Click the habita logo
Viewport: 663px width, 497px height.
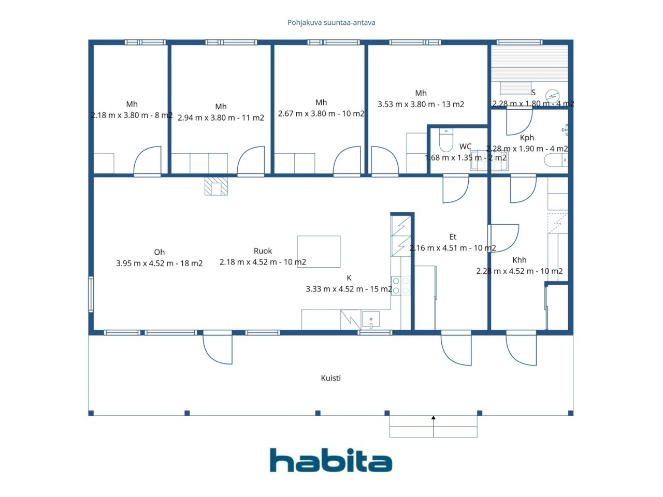point(331,460)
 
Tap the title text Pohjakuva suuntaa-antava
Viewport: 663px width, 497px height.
point(331,23)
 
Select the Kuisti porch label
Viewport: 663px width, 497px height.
point(331,378)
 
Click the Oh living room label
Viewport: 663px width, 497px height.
point(159,252)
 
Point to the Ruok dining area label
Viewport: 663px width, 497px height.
point(263,251)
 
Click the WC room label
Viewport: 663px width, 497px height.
point(465,147)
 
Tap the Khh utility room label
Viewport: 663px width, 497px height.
point(519,260)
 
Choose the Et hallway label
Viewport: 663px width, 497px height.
point(453,237)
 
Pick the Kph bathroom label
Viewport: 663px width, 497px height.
point(527,138)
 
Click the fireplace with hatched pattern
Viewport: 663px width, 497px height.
point(216,186)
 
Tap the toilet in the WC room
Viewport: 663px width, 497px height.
point(446,140)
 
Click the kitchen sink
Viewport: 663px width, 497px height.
point(371,319)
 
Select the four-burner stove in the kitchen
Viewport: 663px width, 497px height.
point(401,286)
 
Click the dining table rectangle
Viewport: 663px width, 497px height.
point(319,252)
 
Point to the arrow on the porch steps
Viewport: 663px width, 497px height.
point(434,427)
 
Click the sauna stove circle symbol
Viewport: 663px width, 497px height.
point(552,96)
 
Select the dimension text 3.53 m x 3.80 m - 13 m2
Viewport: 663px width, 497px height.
point(421,105)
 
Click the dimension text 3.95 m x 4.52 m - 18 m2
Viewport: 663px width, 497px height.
point(159,264)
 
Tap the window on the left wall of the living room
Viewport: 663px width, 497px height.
point(91,294)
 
